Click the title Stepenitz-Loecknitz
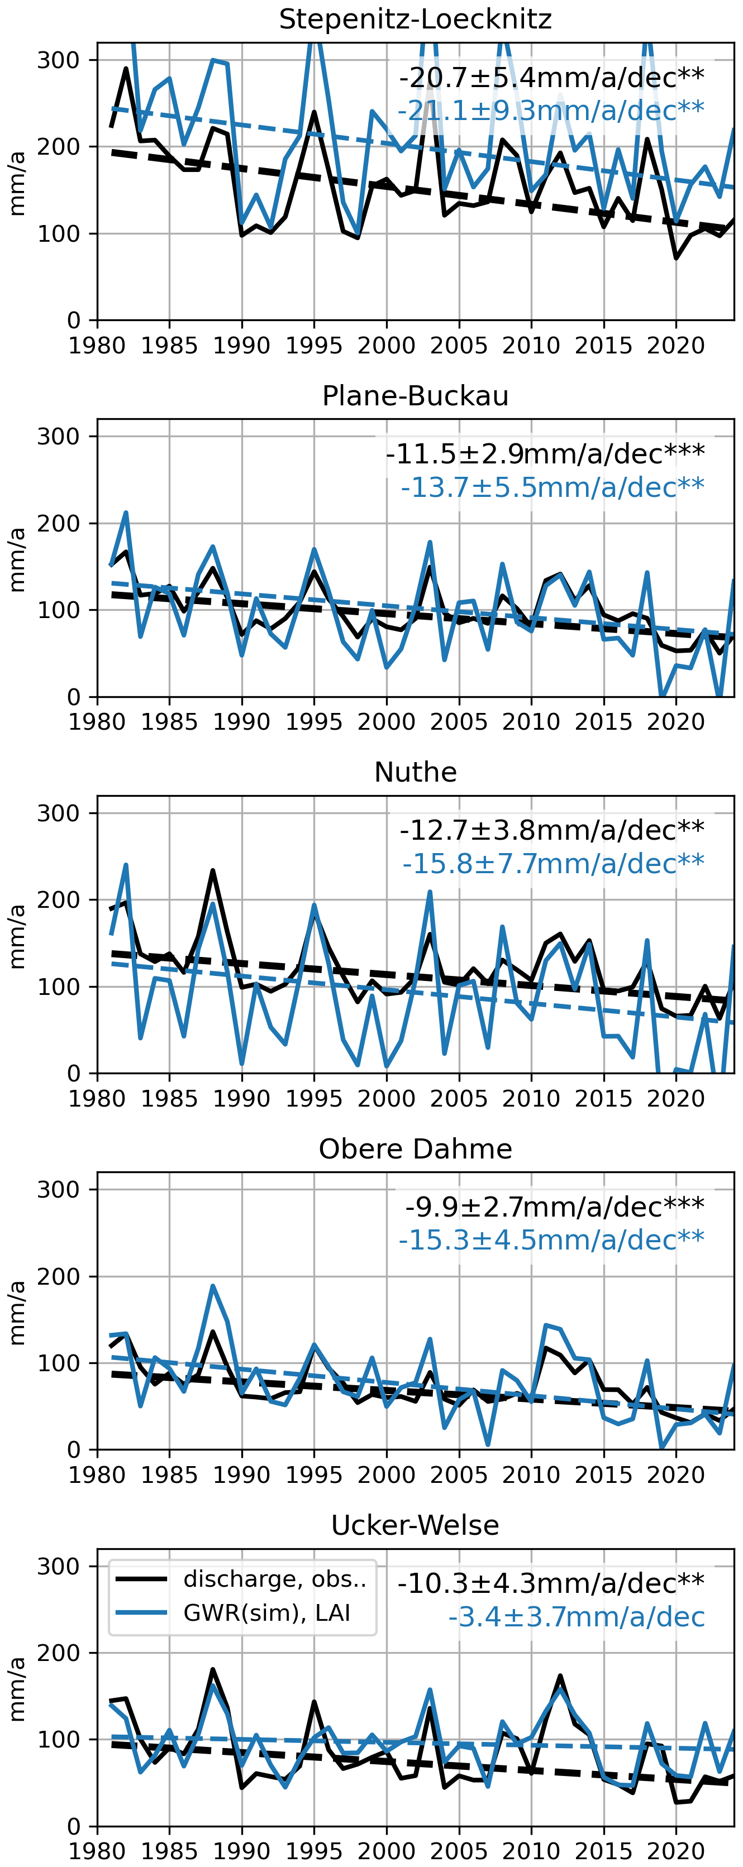coord(416,19)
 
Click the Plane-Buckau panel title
coord(416,396)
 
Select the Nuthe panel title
coord(416,772)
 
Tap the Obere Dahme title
coord(416,1149)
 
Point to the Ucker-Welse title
coord(416,1525)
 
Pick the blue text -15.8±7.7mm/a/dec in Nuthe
coord(553,863)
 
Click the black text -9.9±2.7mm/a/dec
coord(555,1206)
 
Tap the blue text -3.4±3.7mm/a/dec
coord(577,1617)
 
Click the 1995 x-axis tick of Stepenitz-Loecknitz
coord(314,345)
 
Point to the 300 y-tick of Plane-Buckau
coord(59,436)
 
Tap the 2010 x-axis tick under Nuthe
coord(531,1098)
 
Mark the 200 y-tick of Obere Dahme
coord(59,1276)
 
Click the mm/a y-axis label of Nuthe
coord(17,935)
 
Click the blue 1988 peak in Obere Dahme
coord(212,1286)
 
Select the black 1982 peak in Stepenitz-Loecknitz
coord(126,69)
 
